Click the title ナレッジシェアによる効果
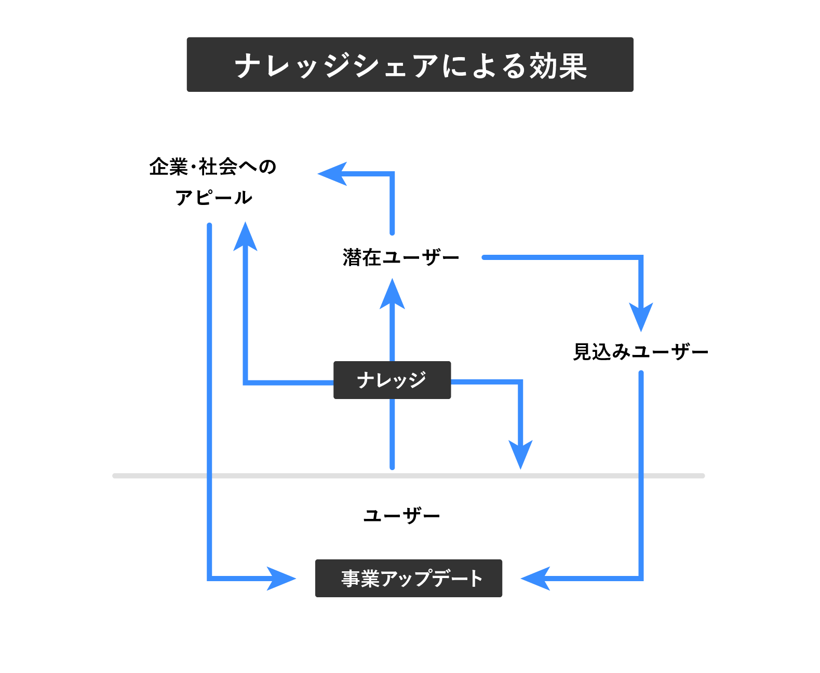tap(410, 65)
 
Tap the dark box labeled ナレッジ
tap(392, 380)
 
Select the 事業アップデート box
tap(409, 578)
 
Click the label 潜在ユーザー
tap(401, 257)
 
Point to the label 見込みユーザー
tap(640, 352)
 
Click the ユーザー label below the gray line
tap(401, 516)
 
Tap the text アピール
tap(213, 198)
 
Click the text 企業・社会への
tap(212, 167)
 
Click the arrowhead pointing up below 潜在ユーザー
tap(392, 295)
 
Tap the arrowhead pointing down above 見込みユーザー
tap(641, 317)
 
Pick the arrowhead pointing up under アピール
tap(245, 238)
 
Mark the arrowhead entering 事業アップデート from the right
tap(536, 578)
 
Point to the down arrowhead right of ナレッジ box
tap(520, 455)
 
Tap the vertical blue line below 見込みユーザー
tap(641, 467)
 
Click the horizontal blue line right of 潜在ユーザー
tap(561, 257)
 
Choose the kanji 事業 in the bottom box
tap(360, 579)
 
